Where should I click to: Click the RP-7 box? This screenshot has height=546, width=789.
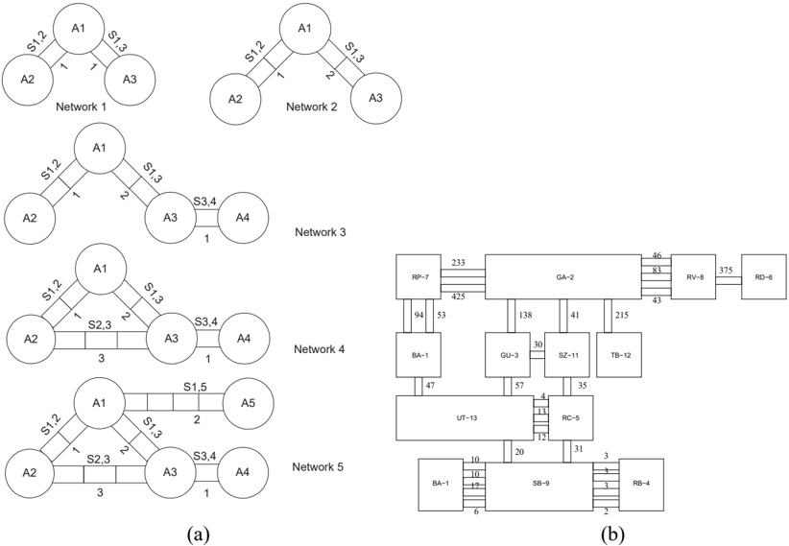pyautogui.click(x=418, y=276)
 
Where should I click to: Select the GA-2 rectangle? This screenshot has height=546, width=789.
pyautogui.click(x=563, y=276)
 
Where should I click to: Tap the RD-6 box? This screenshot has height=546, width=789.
pyautogui.click(x=763, y=276)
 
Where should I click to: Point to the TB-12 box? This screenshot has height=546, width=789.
pyautogui.click(x=619, y=354)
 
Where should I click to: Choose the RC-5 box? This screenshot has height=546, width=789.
pyautogui.click(x=570, y=417)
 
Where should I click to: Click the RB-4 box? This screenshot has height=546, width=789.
pyautogui.click(x=641, y=485)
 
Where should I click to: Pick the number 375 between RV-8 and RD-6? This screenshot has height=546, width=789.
pyautogui.click(x=726, y=270)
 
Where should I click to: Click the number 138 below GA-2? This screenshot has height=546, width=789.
pyautogui.click(x=524, y=316)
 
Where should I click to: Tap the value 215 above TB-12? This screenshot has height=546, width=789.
pyautogui.click(x=622, y=316)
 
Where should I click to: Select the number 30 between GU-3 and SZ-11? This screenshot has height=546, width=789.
pyautogui.click(x=538, y=345)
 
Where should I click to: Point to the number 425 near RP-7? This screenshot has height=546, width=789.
pyautogui.click(x=458, y=297)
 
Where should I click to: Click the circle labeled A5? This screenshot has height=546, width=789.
pyautogui.click(x=249, y=403)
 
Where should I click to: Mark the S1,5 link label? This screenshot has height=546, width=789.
pyautogui.click(x=194, y=388)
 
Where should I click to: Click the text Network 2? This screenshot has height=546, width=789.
pyautogui.click(x=312, y=107)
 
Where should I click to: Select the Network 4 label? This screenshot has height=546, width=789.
pyautogui.click(x=319, y=348)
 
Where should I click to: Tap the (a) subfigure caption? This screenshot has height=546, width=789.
pyautogui.click(x=197, y=534)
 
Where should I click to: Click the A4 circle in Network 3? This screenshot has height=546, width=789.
pyautogui.click(x=244, y=219)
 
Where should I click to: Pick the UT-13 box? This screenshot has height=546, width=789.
pyautogui.click(x=465, y=418)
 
